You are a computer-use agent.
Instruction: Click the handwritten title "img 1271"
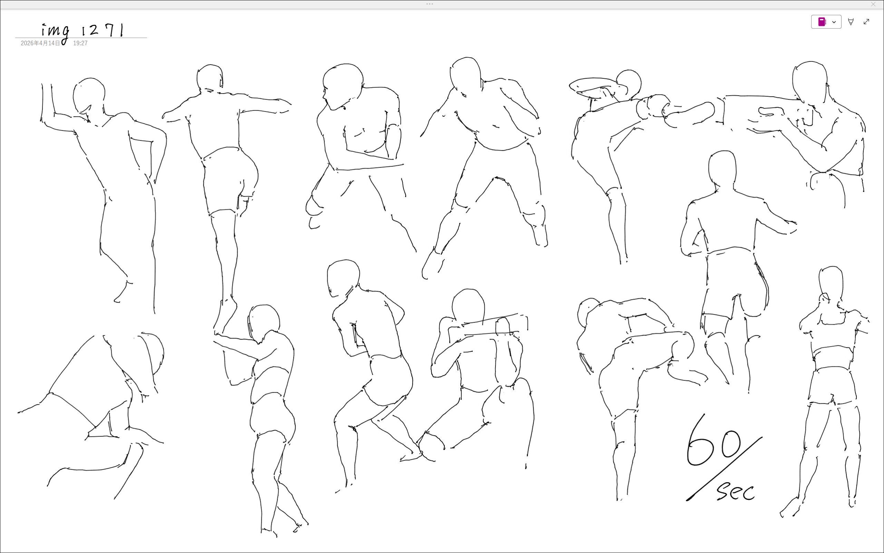(x=83, y=32)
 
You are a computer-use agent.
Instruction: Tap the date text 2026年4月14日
(x=40, y=43)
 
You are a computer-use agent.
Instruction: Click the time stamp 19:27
(x=80, y=43)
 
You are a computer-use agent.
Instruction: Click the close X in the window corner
(x=873, y=4)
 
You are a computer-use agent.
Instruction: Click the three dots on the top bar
(x=430, y=4)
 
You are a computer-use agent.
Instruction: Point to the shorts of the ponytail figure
(x=833, y=386)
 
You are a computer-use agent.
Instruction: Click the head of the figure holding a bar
(x=468, y=305)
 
